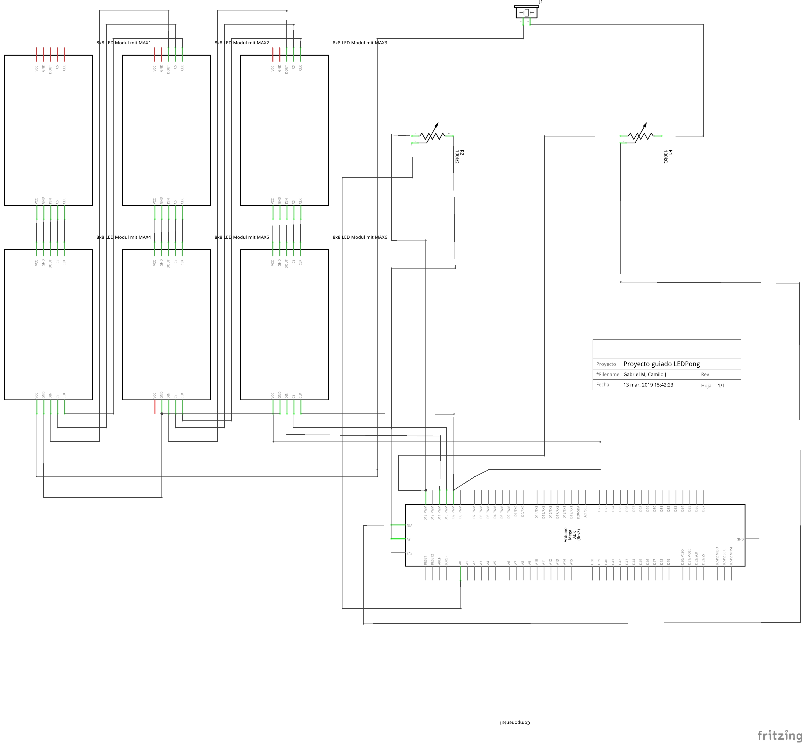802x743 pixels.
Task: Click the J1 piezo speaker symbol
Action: point(526,12)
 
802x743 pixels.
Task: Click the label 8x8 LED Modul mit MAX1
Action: point(123,43)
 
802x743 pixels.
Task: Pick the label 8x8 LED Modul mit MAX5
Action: point(242,237)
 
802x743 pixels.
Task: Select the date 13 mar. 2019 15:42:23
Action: point(648,385)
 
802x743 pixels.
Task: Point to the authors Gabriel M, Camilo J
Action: point(644,374)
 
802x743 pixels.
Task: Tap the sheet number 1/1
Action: point(721,386)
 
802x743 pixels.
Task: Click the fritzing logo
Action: point(779,735)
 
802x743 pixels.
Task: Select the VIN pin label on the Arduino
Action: point(409,525)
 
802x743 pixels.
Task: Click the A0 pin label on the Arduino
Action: point(460,563)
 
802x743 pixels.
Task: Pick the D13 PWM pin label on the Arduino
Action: point(425,513)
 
